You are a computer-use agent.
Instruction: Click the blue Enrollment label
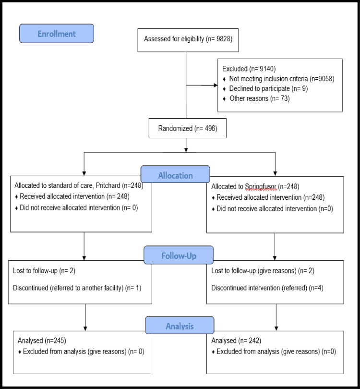[x=57, y=34]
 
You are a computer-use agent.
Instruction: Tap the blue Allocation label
[x=175, y=174]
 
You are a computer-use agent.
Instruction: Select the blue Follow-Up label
[x=179, y=255]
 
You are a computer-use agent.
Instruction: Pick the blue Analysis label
[x=180, y=325]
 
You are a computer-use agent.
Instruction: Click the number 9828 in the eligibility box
[x=223, y=39]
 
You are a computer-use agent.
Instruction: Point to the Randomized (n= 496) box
[x=187, y=128]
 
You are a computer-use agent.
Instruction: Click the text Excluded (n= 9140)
[x=249, y=69]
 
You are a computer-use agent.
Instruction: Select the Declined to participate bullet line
[x=265, y=88]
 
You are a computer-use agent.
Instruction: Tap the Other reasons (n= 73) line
[x=257, y=98]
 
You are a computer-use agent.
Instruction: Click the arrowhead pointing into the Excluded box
[x=215, y=85]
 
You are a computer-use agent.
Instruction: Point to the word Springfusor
[x=260, y=186]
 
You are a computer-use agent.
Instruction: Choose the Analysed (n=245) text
[x=42, y=340]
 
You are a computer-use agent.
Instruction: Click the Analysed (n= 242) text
[x=236, y=340]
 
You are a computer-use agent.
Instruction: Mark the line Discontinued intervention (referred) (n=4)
[x=267, y=288]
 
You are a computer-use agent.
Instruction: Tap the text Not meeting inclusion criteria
[x=268, y=79]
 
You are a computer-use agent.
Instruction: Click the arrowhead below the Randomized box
[x=186, y=150]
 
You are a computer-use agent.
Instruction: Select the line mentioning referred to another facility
[x=77, y=288]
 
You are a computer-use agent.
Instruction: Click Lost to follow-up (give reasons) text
[x=253, y=271]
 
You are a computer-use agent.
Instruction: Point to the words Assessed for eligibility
[x=174, y=39]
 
